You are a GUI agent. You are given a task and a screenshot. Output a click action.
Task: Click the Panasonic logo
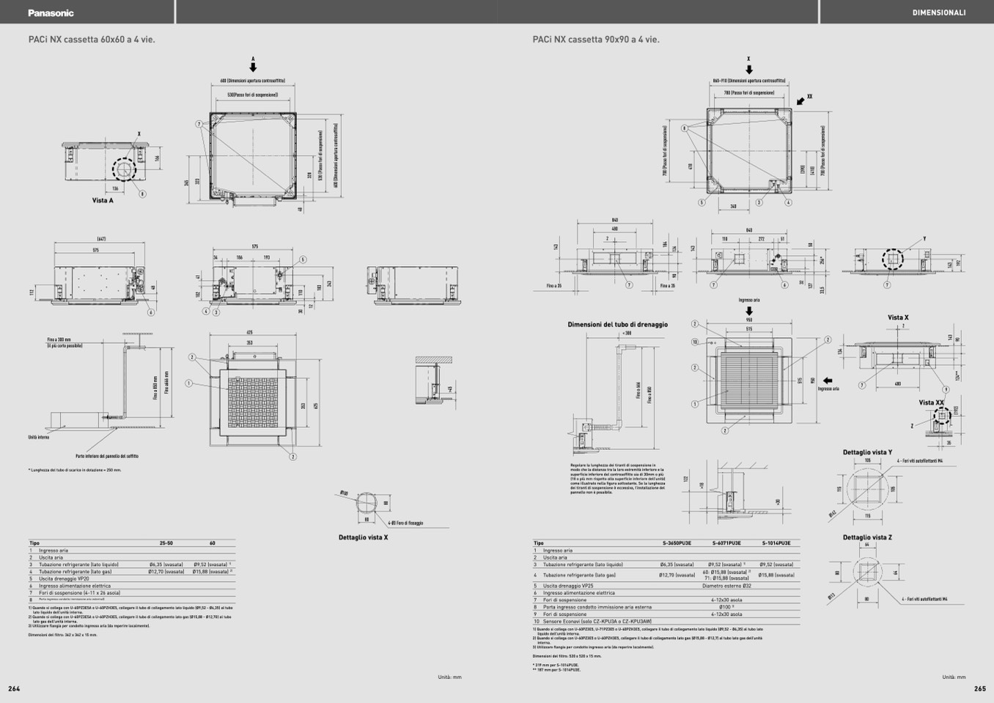[x=51, y=12]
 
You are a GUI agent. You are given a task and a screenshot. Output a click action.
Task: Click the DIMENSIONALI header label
[x=938, y=12]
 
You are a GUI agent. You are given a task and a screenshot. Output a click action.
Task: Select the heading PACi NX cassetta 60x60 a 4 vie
[x=92, y=40]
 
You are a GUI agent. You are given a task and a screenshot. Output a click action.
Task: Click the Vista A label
[x=103, y=200]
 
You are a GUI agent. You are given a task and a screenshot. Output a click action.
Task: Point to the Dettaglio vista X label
[x=363, y=537]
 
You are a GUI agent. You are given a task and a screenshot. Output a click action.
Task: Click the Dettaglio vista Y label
[x=867, y=452]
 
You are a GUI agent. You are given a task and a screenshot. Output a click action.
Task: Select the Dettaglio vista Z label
[x=867, y=537]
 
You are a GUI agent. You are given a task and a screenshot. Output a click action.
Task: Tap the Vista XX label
[x=931, y=402]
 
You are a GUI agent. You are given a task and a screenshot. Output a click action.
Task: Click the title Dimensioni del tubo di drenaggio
[x=617, y=324]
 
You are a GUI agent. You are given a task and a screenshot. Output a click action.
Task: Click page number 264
[x=14, y=688]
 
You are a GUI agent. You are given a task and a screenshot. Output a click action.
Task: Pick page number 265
[x=980, y=688]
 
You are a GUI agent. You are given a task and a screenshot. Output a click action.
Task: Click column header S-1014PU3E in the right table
[x=776, y=543]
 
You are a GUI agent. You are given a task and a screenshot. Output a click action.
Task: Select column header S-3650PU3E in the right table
[x=677, y=543]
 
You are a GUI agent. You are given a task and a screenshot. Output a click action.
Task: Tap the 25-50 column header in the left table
[x=166, y=543]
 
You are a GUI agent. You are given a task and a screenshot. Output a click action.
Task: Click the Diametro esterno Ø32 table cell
[x=726, y=586]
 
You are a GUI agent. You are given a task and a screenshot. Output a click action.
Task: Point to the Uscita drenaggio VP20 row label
[x=64, y=578]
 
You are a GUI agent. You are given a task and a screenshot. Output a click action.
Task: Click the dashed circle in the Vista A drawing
[x=124, y=169]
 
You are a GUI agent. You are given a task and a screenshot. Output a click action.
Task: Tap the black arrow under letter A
[x=253, y=67]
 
